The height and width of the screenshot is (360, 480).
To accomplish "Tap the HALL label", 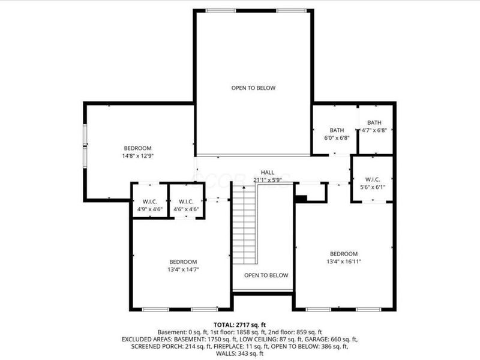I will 268,172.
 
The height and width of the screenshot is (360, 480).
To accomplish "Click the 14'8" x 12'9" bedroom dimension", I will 138,156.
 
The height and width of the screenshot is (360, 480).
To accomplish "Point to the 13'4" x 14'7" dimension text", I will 182,269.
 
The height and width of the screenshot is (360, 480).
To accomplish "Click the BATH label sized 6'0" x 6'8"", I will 336,130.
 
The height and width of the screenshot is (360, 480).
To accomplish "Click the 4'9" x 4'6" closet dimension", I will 150,209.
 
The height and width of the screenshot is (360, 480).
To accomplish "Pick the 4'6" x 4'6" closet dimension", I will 186,209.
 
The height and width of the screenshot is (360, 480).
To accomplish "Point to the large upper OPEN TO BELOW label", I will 253,88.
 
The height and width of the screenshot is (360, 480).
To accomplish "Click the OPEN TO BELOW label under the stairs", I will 266,275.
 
